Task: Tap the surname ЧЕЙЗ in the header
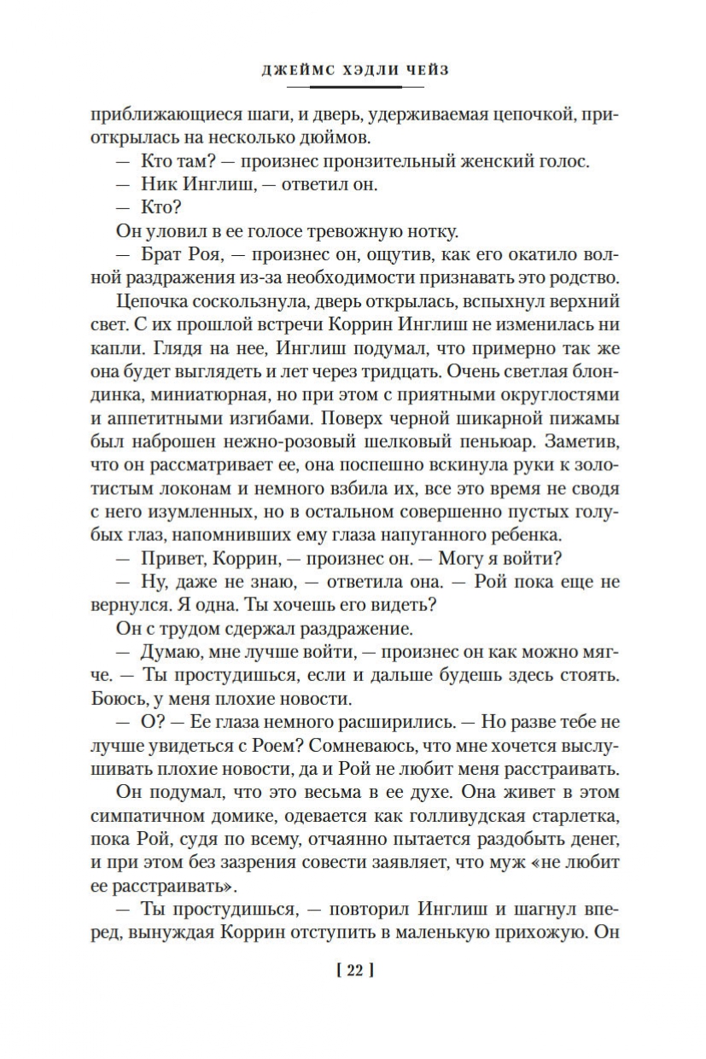[425, 71]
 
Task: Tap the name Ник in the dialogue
[169, 183]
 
